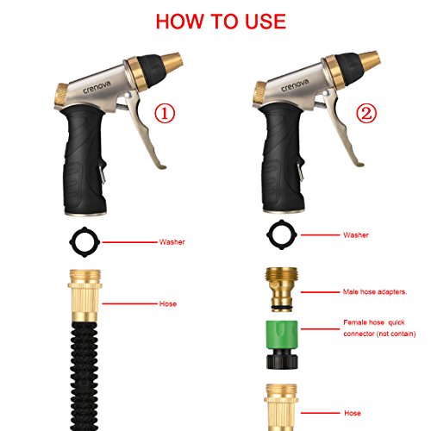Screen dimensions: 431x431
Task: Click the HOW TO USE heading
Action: point(221,22)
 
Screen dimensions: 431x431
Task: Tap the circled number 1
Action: point(165,114)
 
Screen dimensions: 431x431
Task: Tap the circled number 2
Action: point(366,113)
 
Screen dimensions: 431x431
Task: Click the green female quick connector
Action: point(282,345)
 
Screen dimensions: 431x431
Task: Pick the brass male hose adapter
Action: point(282,289)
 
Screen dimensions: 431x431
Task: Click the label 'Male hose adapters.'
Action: point(375,292)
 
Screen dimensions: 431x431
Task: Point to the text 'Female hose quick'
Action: point(374,322)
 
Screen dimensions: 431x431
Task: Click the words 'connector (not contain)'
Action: point(379,334)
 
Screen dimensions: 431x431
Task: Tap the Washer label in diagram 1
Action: point(172,242)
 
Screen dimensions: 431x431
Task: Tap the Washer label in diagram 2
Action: point(356,235)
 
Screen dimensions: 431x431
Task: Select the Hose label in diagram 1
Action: point(168,303)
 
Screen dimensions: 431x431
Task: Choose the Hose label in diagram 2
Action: point(353,413)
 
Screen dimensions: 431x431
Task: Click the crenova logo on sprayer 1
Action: point(97,87)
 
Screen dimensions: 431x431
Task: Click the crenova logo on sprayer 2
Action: point(295,85)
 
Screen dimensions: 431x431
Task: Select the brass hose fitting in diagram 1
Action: point(84,296)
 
